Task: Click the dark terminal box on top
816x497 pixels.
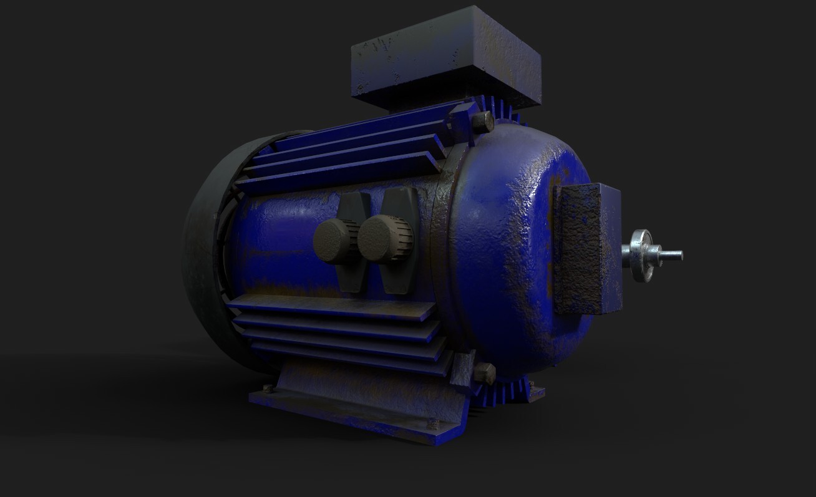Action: (445, 59)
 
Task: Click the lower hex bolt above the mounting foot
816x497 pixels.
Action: (483, 374)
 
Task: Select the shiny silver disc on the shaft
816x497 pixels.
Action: (641, 256)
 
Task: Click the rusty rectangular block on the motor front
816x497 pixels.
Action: (586, 249)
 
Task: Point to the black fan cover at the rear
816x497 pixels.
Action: (200, 249)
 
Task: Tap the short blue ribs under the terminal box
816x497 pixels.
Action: (499, 110)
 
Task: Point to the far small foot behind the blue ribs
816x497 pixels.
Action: (535, 393)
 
